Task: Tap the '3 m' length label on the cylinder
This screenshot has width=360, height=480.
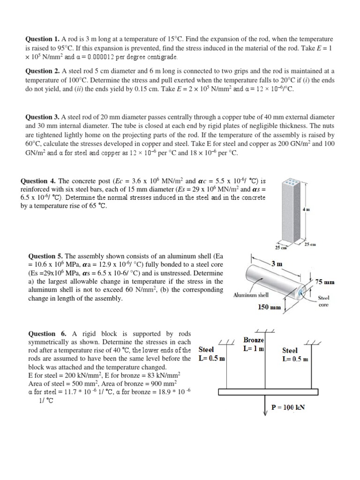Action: [x=277, y=264]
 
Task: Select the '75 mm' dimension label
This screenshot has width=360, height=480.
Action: [x=325, y=282]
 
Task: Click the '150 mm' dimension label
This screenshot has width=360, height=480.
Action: [x=270, y=307]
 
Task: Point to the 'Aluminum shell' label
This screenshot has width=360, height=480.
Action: [x=251, y=295]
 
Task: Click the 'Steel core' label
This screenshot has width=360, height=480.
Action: [x=323, y=301]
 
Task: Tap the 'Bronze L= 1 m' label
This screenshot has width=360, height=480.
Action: [x=254, y=344]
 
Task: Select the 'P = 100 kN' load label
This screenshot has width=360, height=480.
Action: [x=288, y=407]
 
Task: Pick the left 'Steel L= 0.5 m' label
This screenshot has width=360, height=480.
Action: [x=212, y=354]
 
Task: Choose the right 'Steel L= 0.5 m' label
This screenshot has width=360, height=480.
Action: [x=295, y=355]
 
